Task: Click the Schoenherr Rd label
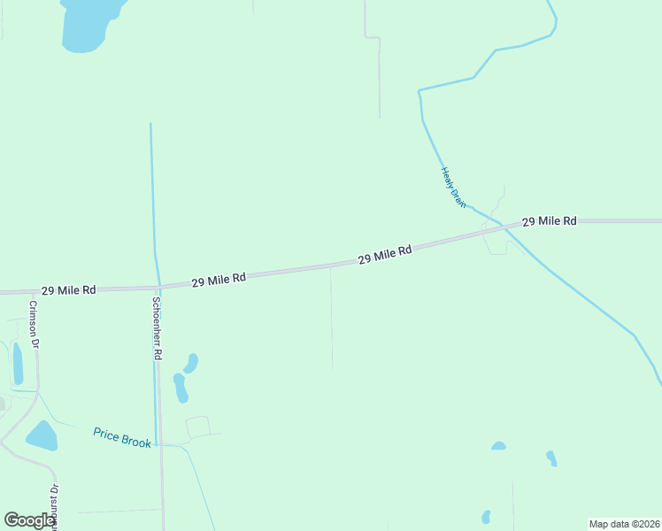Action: point(157,327)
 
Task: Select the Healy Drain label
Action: point(452,187)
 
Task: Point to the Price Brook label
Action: point(122,437)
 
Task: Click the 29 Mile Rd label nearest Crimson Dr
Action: point(68,290)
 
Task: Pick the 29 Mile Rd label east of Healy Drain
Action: point(549,220)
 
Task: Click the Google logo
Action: point(29,520)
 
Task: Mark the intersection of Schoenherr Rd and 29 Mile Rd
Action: point(159,288)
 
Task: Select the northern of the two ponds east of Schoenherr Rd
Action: point(191,363)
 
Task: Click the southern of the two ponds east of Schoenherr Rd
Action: point(181,388)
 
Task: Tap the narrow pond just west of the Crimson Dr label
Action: point(18,363)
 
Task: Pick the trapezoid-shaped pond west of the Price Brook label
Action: point(42,435)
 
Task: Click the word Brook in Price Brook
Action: point(136,440)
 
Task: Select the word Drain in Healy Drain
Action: point(457,196)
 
